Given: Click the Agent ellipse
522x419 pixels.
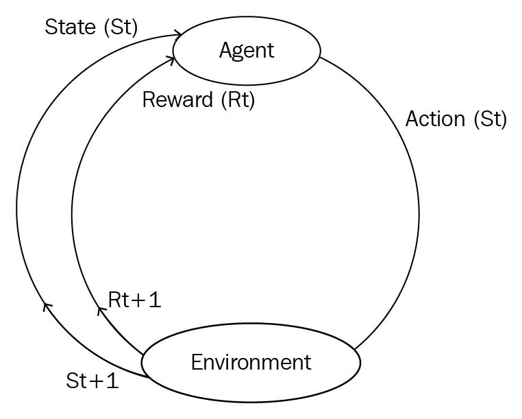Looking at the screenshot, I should click(247, 50).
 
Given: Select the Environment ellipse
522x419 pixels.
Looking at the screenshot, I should click(251, 362).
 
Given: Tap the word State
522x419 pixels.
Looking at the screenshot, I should click(71, 27).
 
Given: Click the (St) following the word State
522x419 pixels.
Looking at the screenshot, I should click(119, 27).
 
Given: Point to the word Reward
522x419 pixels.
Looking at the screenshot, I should click(177, 100).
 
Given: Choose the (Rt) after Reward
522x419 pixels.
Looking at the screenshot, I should click(237, 100).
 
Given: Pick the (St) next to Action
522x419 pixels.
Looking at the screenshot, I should click(489, 119).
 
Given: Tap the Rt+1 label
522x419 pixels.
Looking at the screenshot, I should click(135, 300).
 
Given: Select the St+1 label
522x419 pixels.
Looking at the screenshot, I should click(92, 380).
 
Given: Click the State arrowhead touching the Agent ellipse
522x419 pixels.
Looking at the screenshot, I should click(179, 34).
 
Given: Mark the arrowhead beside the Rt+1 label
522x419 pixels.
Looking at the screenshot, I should click(101, 311).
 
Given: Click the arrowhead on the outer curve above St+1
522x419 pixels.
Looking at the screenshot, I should click(47, 306).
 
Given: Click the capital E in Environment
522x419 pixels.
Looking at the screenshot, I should click(197, 362).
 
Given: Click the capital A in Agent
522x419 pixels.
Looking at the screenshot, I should click(226, 50).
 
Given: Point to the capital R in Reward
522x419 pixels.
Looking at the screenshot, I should click(148, 100).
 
